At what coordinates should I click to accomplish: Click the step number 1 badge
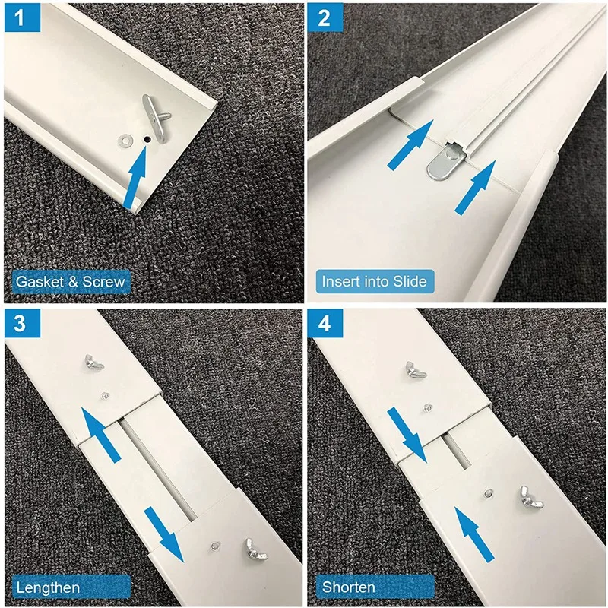click(22, 17)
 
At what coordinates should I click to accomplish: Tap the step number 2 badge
click(325, 17)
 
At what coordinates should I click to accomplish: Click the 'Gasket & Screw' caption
click(71, 281)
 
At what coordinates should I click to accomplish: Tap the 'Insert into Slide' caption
click(375, 281)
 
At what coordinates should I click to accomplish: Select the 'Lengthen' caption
click(48, 587)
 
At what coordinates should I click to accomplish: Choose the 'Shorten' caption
click(348, 587)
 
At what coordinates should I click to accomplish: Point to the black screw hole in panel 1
click(147, 139)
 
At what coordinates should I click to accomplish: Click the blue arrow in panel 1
click(135, 178)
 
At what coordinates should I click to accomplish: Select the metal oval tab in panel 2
click(446, 161)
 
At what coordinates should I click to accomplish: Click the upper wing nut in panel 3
click(94, 363)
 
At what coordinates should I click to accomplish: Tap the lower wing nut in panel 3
click(255, 549)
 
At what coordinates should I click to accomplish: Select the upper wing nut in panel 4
click(416, 369)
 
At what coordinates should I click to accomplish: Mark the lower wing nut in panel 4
click(532, 497)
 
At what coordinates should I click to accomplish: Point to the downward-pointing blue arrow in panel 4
click(407, 435)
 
